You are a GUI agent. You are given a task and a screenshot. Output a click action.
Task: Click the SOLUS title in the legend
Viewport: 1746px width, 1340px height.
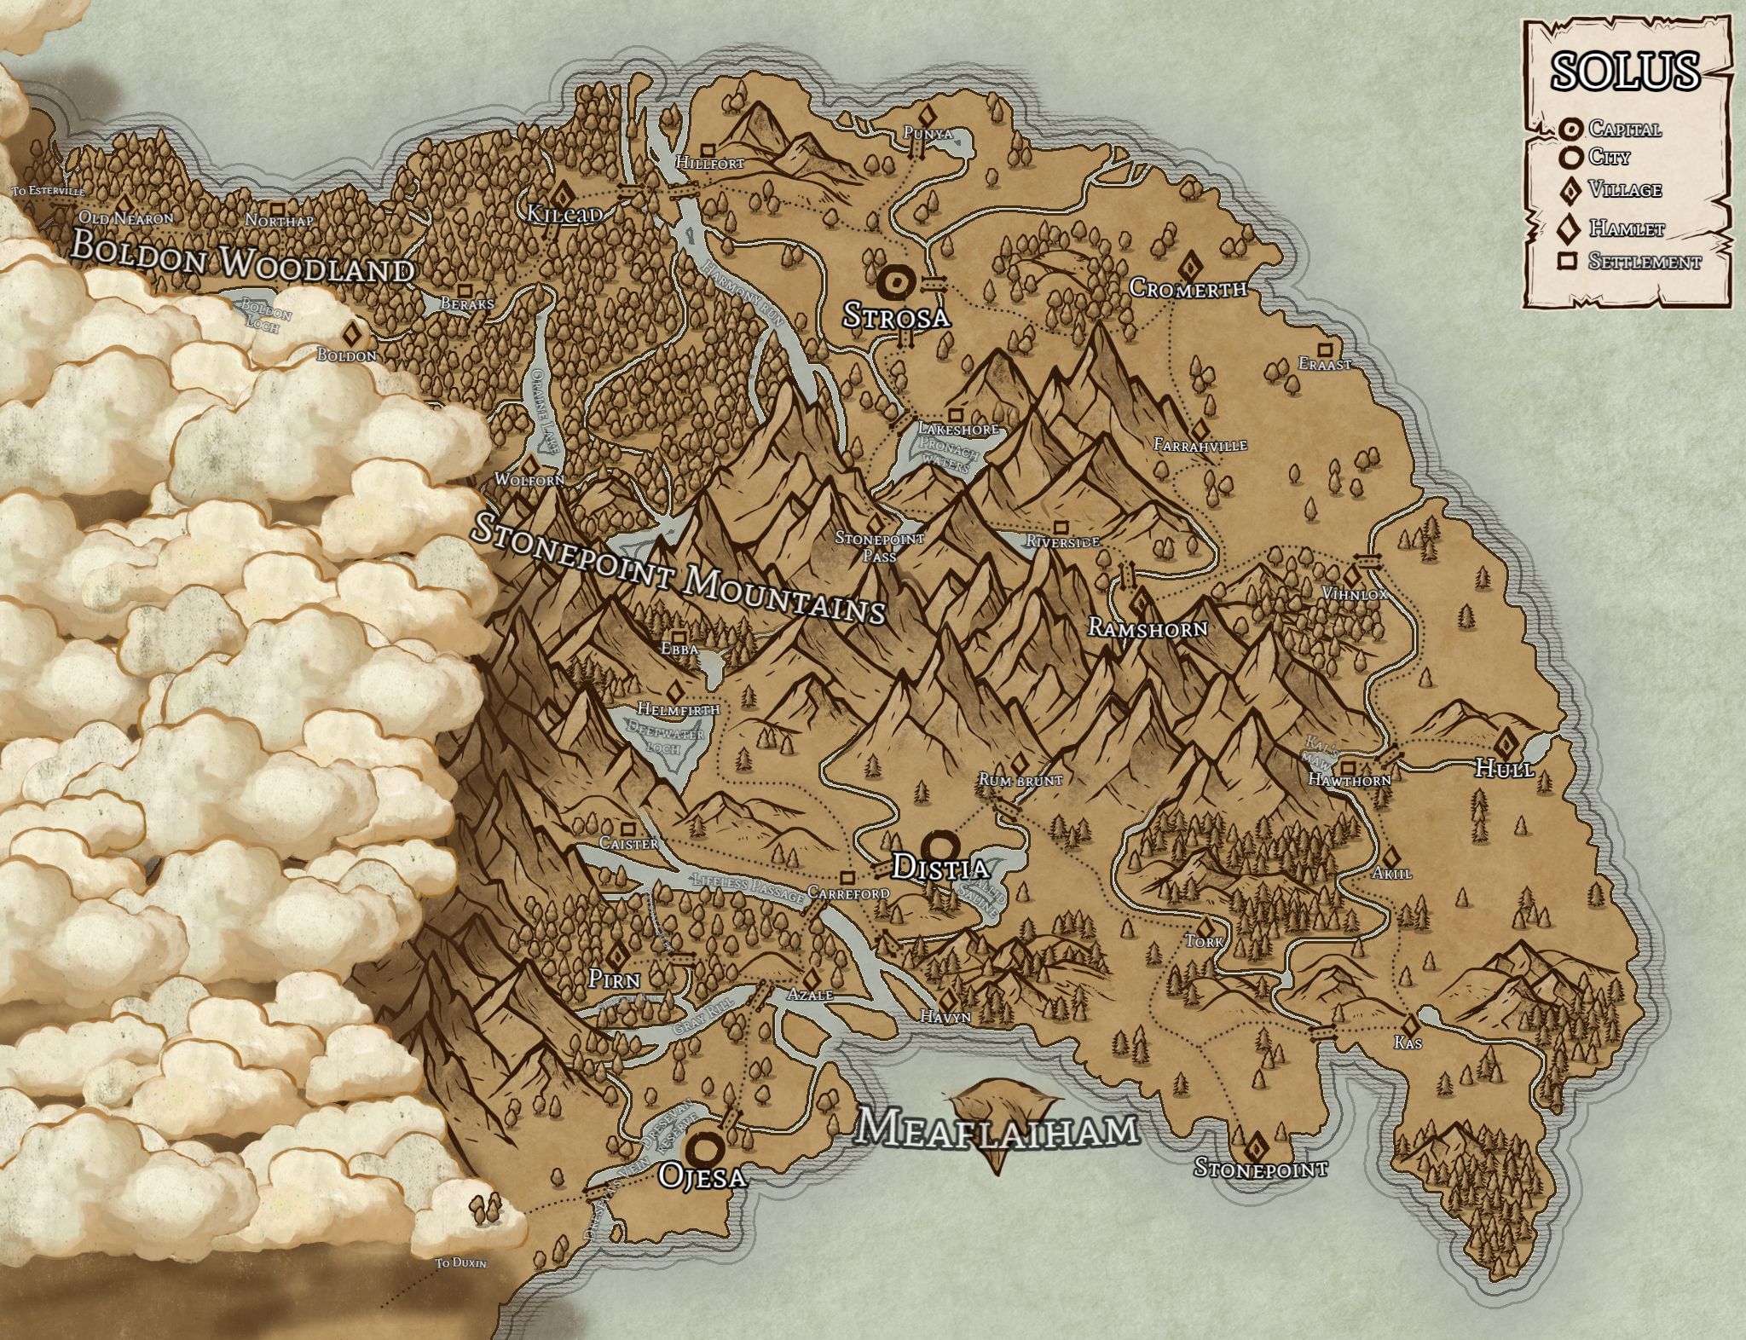(1625, 72)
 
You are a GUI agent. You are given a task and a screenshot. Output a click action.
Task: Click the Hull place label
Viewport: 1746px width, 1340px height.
(1505, 768)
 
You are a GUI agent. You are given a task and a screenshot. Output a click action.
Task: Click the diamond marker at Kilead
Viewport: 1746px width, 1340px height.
(563, 193)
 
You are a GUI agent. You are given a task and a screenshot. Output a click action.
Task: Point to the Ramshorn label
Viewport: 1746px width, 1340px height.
(1148, 629)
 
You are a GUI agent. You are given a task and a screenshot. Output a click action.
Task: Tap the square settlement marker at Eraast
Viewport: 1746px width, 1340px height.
(1325, 349)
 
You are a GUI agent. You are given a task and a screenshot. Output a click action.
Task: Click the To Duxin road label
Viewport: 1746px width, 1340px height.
(460, 1263)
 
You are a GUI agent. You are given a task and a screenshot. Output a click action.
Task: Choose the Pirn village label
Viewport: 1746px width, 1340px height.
(614, 980)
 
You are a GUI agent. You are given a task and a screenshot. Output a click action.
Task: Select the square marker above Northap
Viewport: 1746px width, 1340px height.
(277, 208)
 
